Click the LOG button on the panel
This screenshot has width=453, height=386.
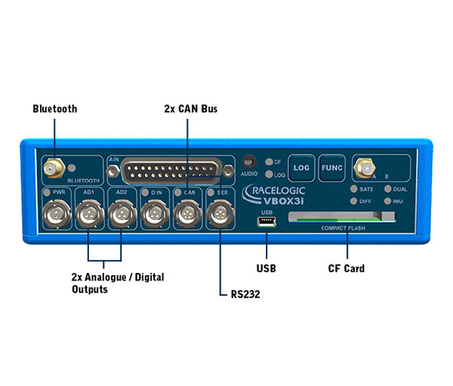click(302, 167)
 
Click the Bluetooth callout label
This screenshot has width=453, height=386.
click(54, 109)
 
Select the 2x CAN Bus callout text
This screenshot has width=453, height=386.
click(191, 109)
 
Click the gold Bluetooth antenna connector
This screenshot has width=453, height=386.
click(54, 167)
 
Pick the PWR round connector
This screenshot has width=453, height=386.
click(54, 215)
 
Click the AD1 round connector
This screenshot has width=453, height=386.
click(88, 215)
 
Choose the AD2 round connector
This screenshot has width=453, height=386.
click(121, 215)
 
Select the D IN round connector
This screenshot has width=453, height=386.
click(155, 215)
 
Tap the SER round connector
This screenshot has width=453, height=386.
click(220, 215)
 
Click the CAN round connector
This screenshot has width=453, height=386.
click(187, 215)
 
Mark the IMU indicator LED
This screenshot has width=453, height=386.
click(387, 201)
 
